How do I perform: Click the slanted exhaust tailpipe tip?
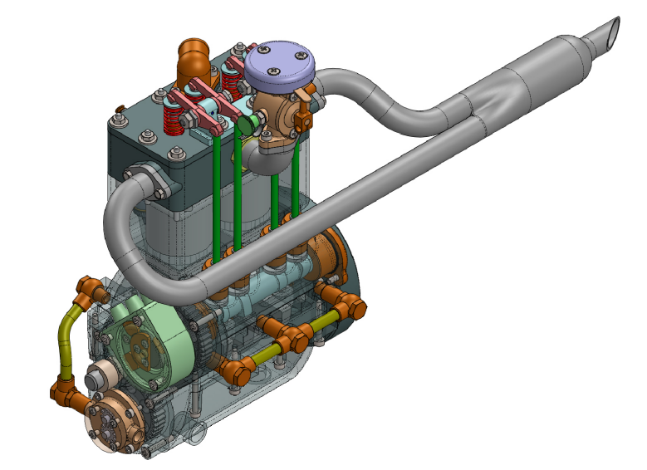pos(606,32)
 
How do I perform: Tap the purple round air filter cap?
pos(277,62)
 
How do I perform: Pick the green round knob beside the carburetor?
pos(246,125)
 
